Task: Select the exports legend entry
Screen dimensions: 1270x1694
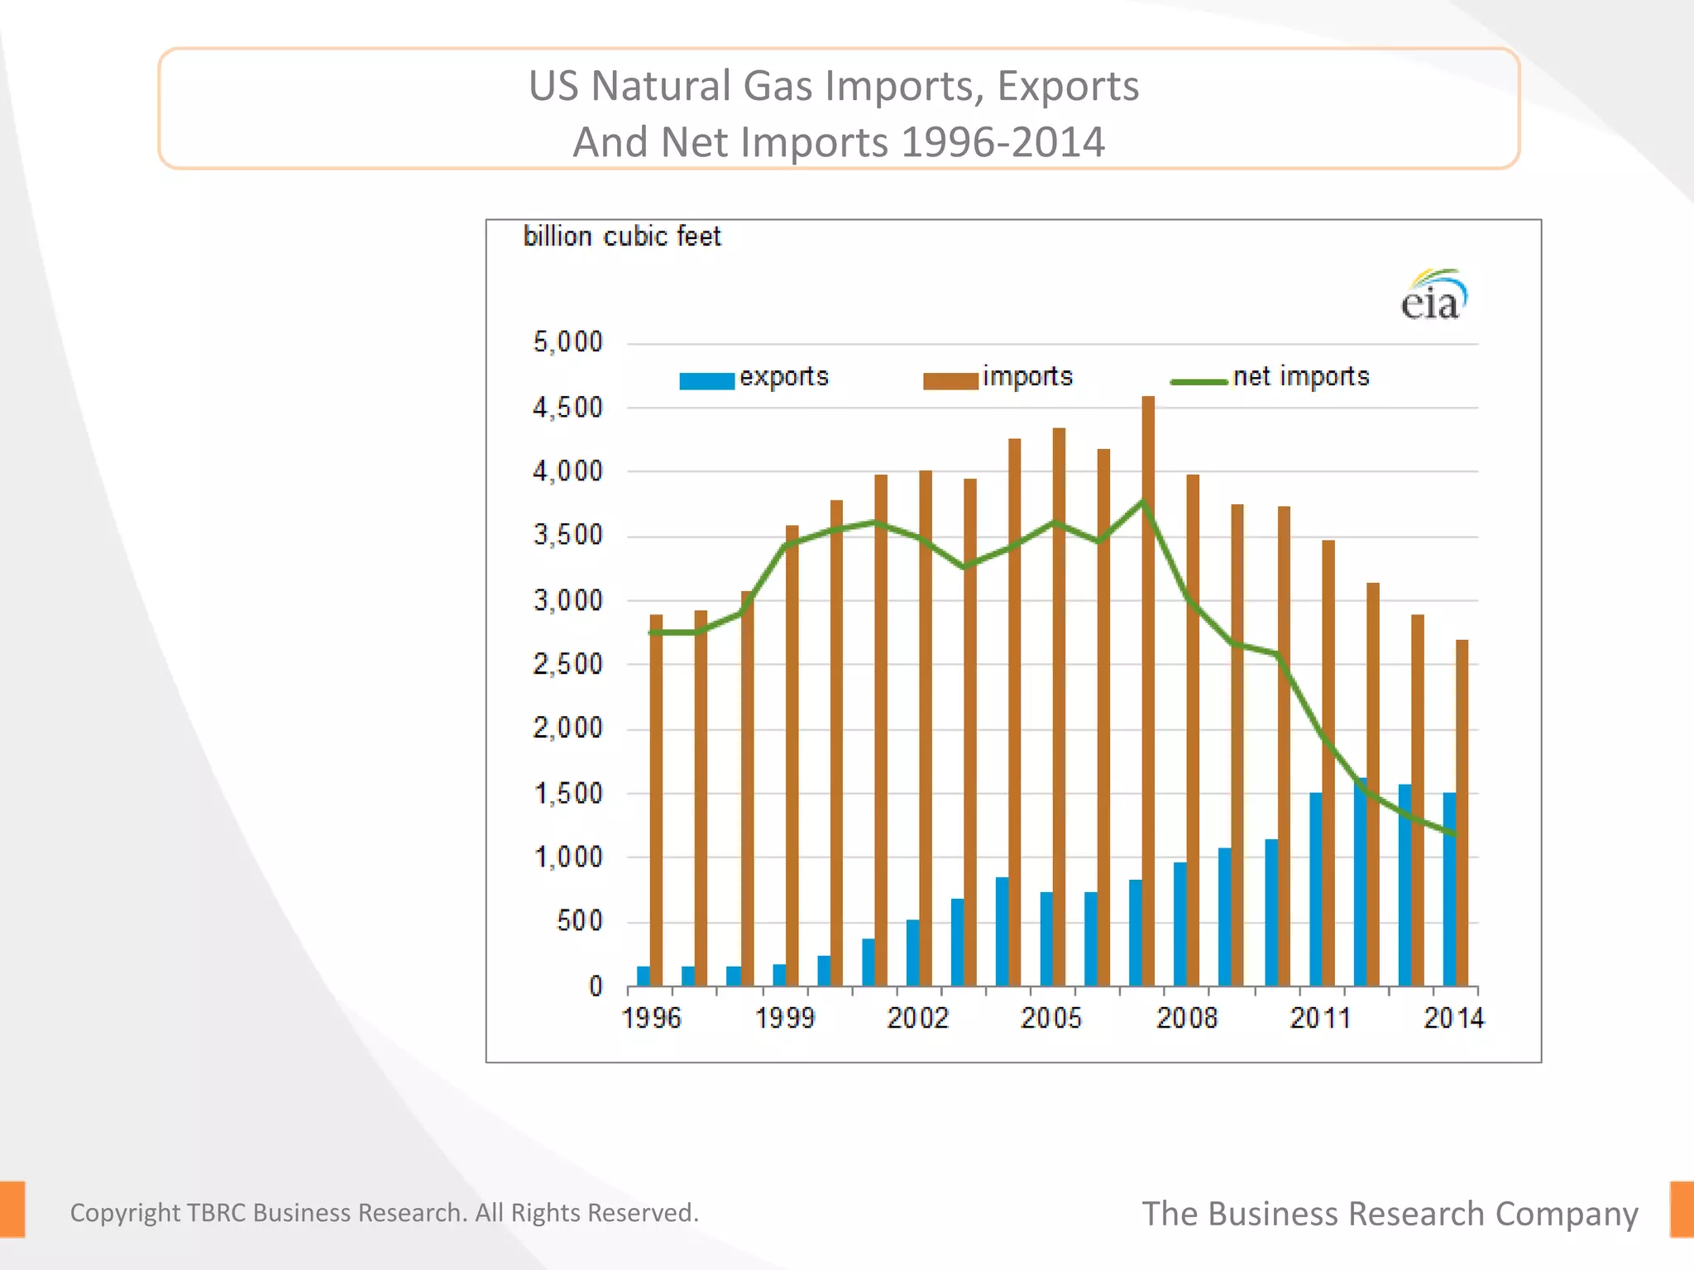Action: [754, 378]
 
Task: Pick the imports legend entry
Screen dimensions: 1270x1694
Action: [998, 378]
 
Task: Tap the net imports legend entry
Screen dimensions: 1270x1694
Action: [1270, 378]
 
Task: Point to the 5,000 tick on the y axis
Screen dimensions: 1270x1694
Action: [567, 341]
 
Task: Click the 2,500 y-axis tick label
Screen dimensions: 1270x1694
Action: [567, 664]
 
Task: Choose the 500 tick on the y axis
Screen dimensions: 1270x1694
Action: [579, 921]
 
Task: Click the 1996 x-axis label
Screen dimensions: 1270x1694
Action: [651, 1018]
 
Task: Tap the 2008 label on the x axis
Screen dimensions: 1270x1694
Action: [1186, 1018]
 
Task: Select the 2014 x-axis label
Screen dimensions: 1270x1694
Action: [1453, 1018]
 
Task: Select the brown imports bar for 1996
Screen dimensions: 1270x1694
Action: [656, 802]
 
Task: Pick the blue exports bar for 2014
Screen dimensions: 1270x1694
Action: [1449, 889]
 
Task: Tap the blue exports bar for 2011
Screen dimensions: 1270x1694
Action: [1315, 889]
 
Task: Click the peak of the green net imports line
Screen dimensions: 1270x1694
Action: [1142, 503]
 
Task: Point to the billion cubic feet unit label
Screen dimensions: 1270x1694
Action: [622, 237]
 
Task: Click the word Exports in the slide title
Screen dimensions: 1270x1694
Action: [1067, 86]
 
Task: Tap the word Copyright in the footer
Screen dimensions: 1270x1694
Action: [125, 1213]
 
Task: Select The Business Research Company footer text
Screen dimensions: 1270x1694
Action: [1390, 1214]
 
